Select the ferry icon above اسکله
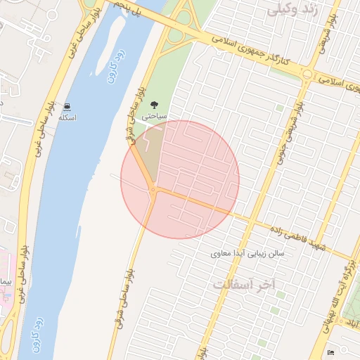coord(67,107)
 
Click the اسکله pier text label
coord(67,117)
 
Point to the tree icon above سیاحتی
coord(155,105)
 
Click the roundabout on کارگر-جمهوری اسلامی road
coord(308,75)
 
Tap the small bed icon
coord(331,352)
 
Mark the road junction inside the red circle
coord(153,190)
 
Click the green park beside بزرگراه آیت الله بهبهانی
coord(351,295)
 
